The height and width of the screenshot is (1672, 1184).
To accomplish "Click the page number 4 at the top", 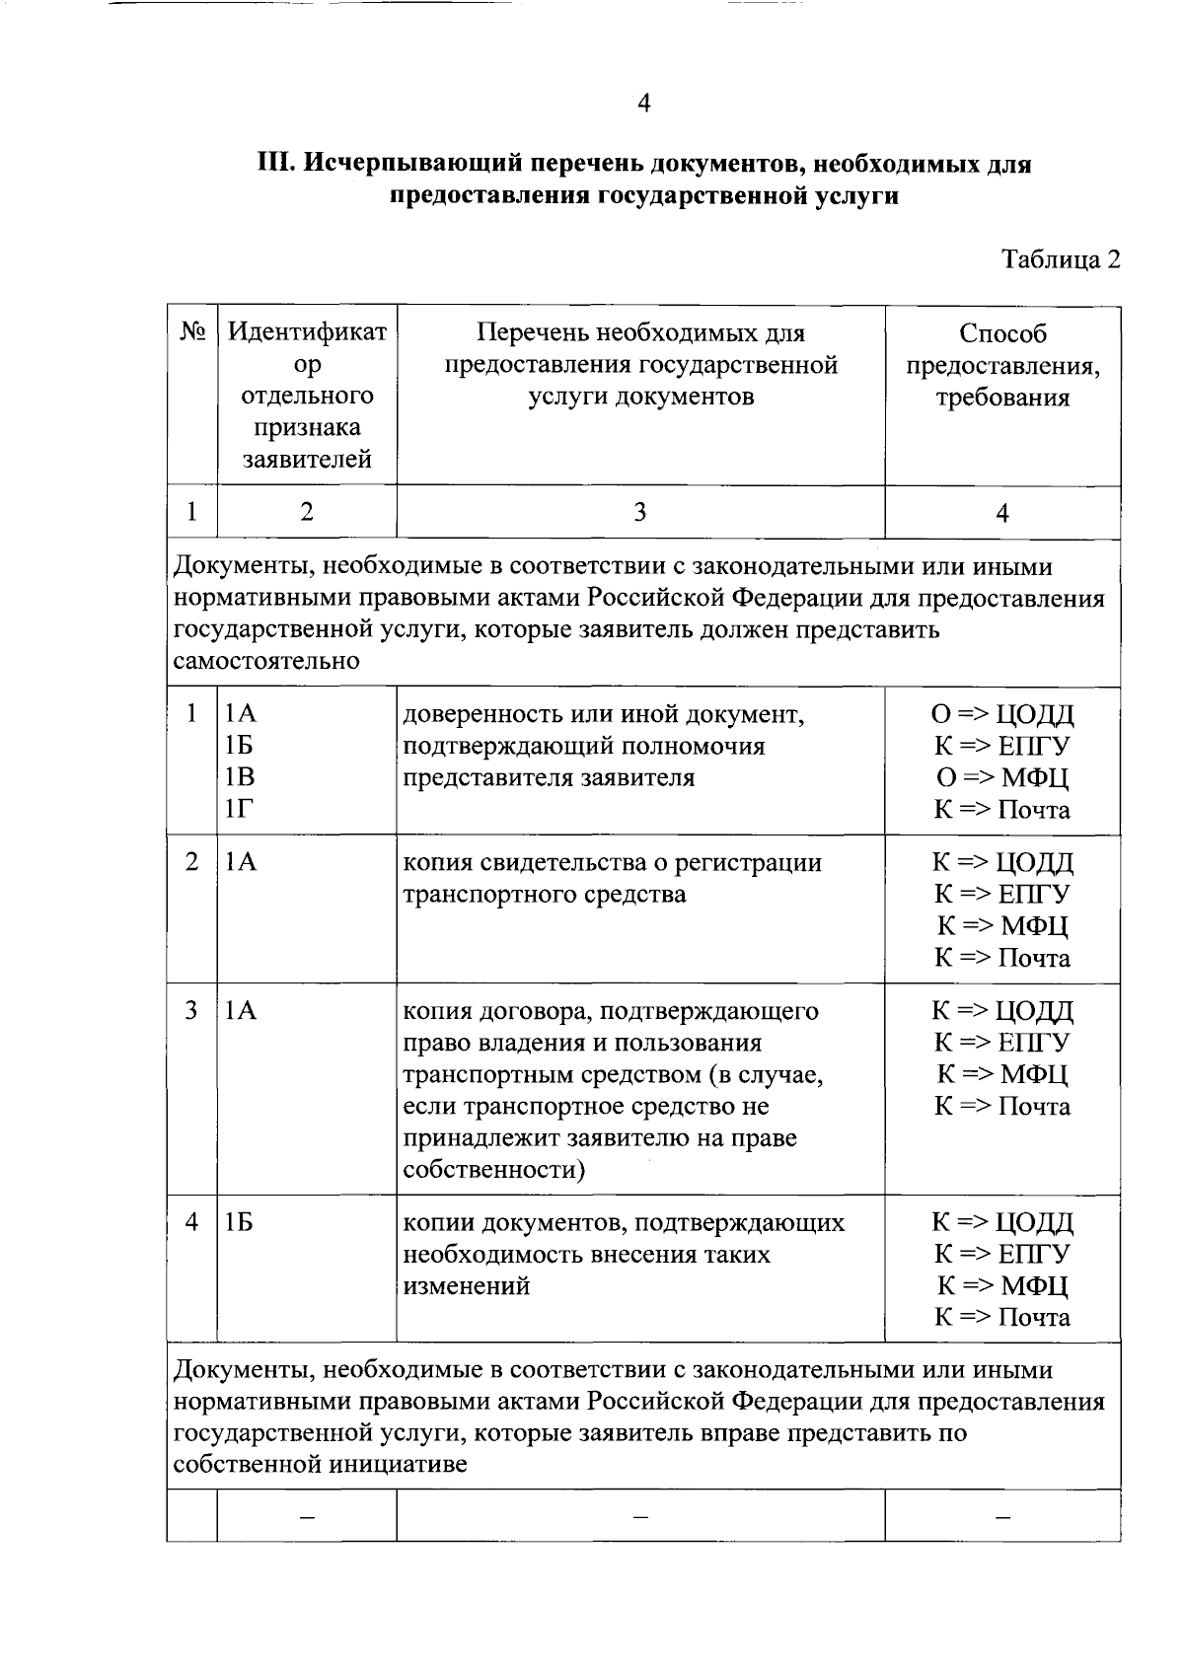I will coord(643,104).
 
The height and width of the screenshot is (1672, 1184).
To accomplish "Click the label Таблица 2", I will coord(1062,259).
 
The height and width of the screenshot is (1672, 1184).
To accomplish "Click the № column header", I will coord(192,332).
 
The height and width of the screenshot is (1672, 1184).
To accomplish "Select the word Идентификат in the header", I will coord(307,332).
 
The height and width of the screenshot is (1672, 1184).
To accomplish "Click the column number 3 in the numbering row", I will coord(640,512).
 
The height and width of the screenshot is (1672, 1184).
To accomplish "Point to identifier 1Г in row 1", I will coord(238,810).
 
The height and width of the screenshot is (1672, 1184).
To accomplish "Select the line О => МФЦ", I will coord(1002,778).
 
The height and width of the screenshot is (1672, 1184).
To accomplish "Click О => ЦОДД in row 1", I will coord(1002,714).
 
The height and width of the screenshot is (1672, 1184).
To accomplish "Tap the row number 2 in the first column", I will coord(192,862).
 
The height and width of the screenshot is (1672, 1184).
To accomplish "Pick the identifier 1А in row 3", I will coord(240,1011).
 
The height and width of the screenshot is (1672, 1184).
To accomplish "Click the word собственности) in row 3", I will coord(494,1170).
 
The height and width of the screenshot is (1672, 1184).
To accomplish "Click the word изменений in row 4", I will coord(467,1286).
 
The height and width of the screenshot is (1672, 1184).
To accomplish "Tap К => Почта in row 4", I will coord(1002,1318).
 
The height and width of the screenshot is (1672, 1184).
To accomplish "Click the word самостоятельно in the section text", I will coord(266,661).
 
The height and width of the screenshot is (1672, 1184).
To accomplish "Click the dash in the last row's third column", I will coord(640,1516).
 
